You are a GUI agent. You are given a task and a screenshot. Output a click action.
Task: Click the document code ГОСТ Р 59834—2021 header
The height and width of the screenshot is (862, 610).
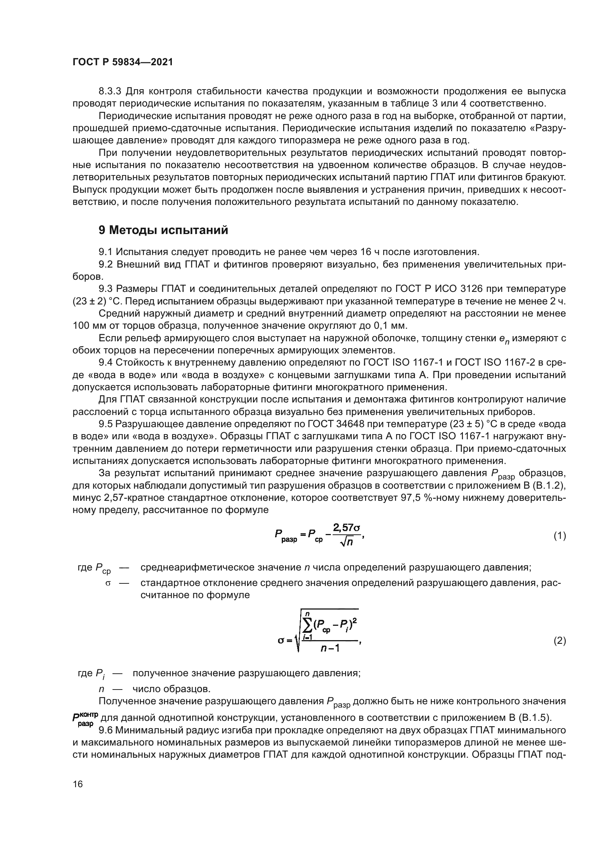122,62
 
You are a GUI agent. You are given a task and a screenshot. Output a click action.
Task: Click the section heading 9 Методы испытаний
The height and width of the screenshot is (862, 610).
163,230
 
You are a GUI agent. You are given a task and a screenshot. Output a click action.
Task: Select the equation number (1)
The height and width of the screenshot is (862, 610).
560,536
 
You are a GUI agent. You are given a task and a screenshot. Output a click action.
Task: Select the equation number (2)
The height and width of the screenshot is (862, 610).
560,641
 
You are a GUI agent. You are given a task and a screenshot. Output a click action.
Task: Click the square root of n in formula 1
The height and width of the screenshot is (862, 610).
346,542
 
